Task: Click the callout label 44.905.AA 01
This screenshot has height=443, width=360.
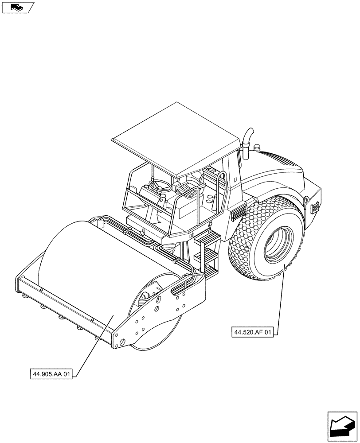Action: click(x=51, y=373)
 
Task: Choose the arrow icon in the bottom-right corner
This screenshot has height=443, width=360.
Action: click(x=342, y=426)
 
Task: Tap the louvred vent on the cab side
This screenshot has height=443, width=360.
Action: click(x=239, y=212)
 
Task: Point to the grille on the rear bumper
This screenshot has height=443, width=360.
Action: click(x=315, y=206)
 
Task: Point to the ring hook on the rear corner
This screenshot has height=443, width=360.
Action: click(x=306, y=201)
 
